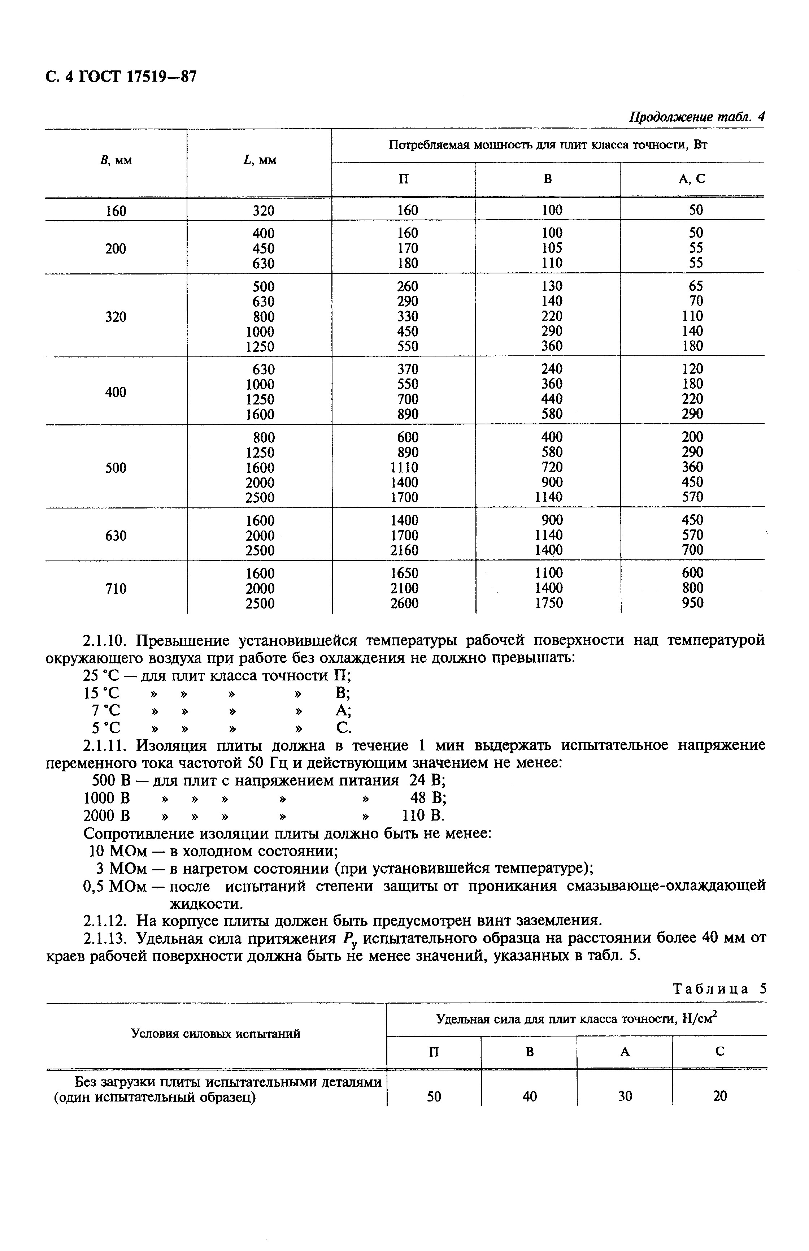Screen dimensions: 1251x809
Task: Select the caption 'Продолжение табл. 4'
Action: point(697,117)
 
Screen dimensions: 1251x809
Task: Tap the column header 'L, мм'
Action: point(260,161)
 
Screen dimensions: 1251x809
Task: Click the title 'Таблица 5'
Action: point(720,989)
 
